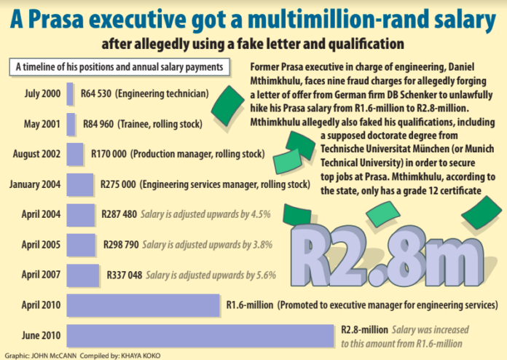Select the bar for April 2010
pos(143,305)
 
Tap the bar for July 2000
pos(70,93)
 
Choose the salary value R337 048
pos(122,275)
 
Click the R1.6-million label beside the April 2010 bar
pos(250,305)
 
